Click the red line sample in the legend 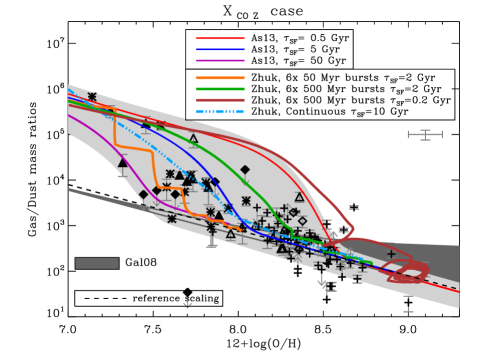pos(220,38)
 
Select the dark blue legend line pos(220,49)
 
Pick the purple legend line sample pos(220,60)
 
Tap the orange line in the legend pos(220,78)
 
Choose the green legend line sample pos(220,89)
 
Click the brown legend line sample pos(220,100)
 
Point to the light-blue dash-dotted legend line pos(220,112)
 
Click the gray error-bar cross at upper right pos(425,134)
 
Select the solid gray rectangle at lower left pos(97,264)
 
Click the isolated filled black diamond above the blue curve pos(245,170)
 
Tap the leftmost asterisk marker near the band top pos(92,97)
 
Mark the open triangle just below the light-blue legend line pos(193,139)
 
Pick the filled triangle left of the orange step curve pos(123,163)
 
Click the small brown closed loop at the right pos(407,272)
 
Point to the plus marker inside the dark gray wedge pos(391,254)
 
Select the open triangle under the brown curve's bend pos(299,197)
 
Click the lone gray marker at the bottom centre pos(187,303)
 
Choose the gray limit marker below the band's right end pos(408,304)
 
